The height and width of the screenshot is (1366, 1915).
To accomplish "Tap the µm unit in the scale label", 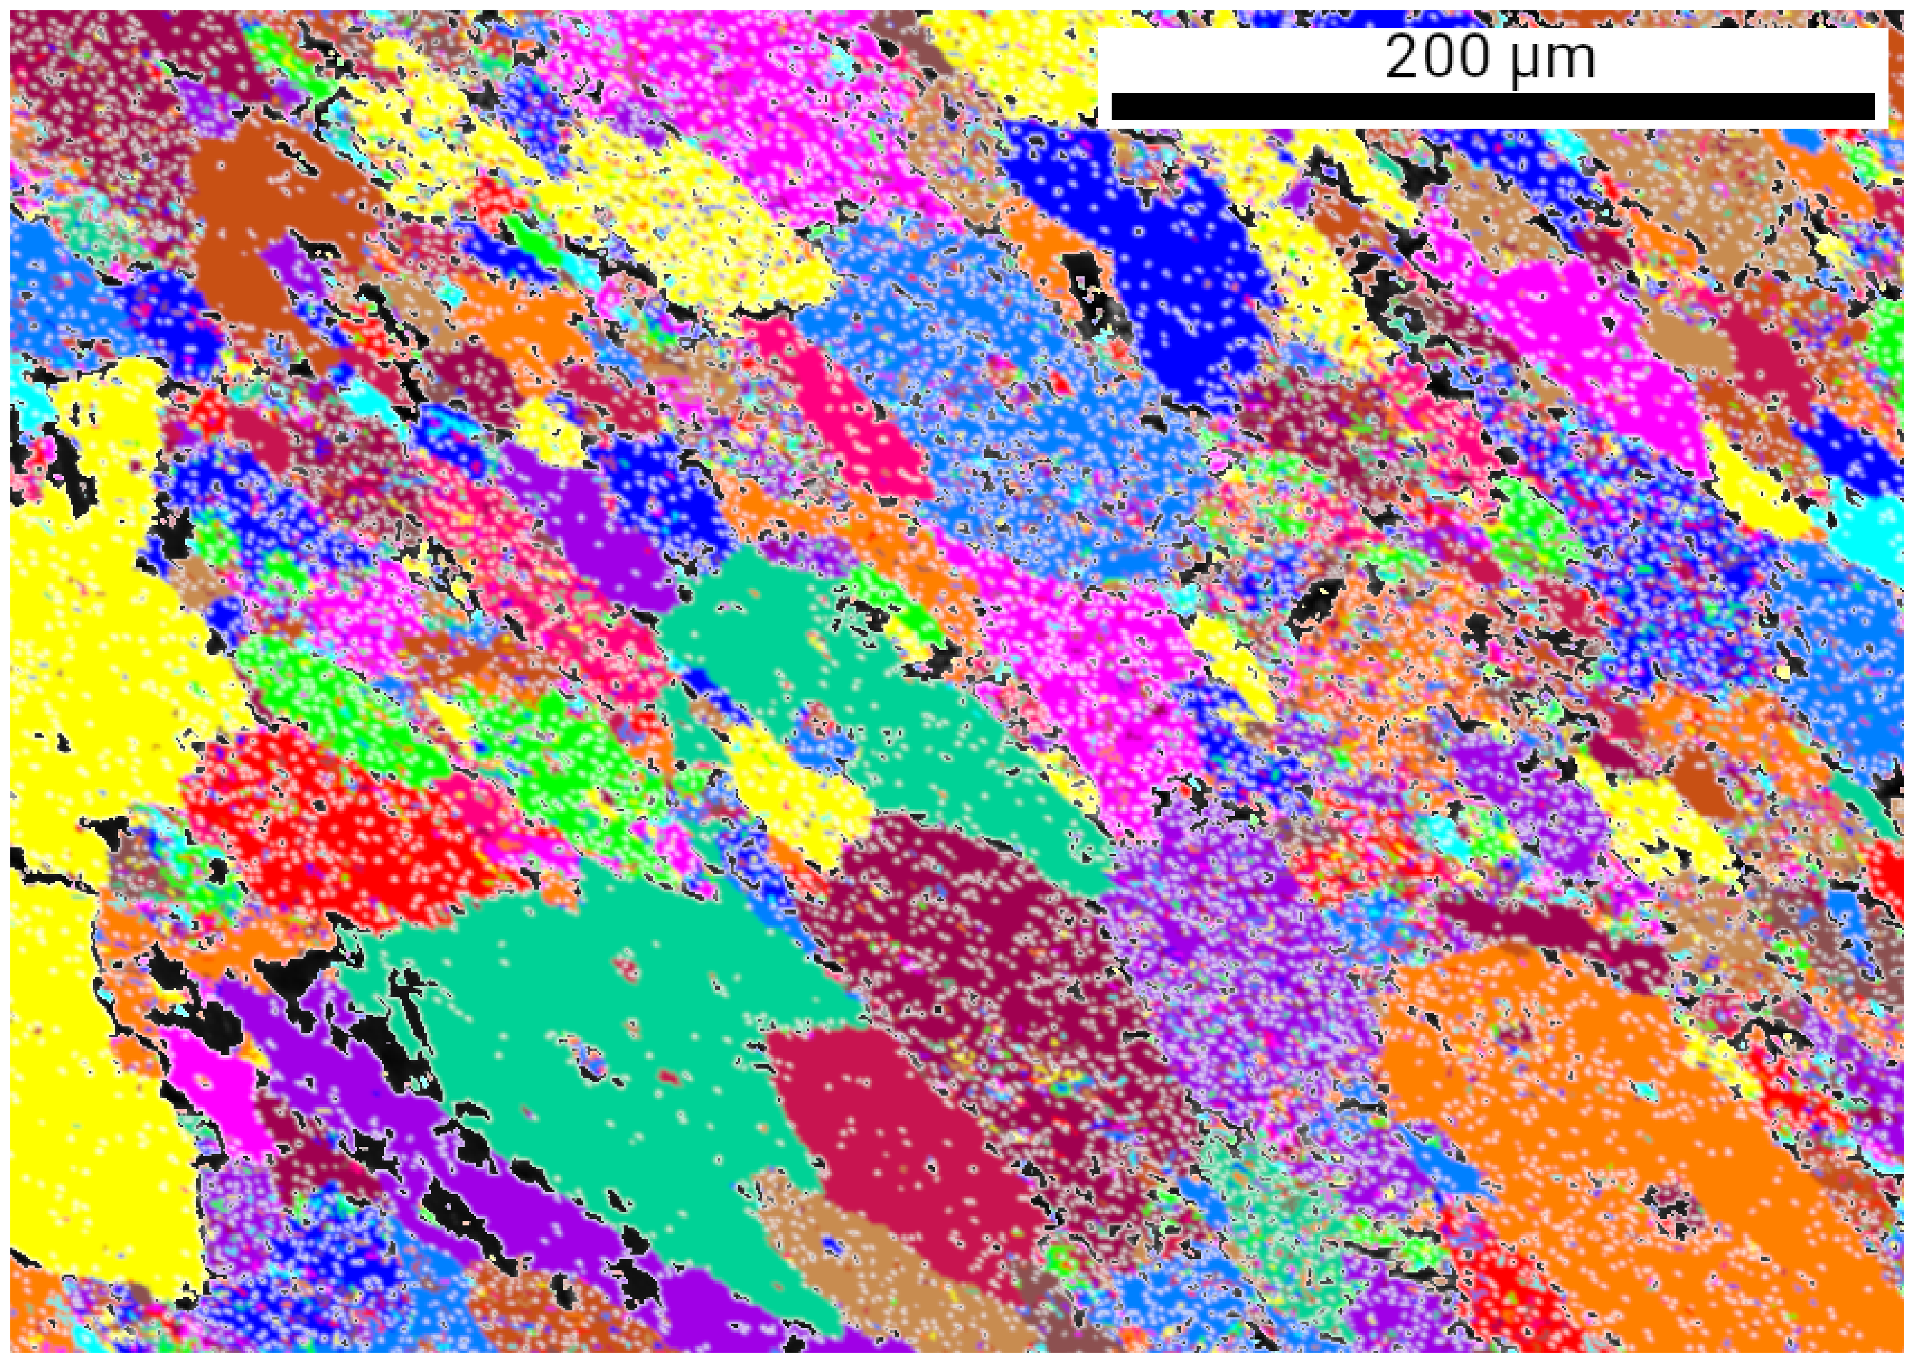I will click(1553, 61).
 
